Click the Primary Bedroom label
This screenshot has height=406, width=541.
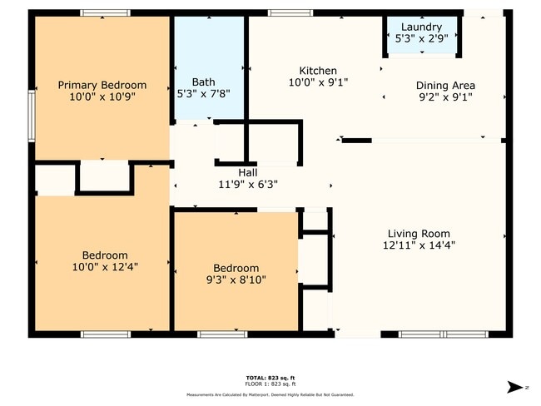[102, 85]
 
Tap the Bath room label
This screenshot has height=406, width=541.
[204, 82]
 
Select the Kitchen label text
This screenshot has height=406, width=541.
[318, 71]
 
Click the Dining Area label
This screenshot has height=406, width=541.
[445, 85]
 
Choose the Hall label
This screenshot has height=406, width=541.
[247, 172]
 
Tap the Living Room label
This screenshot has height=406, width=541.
[419, 234]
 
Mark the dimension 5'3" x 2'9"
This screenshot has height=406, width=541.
[421, 38]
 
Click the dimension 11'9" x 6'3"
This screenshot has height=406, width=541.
[247, 184]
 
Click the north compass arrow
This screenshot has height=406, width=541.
[514, 385]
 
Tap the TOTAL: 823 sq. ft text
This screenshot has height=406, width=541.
[270, 377]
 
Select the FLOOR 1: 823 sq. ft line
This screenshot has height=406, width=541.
[270, 384]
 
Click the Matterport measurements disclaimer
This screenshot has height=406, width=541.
[270, 394]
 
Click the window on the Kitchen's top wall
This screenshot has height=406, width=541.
[290, 12]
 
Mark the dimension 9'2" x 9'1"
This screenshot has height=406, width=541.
[445, 97]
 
